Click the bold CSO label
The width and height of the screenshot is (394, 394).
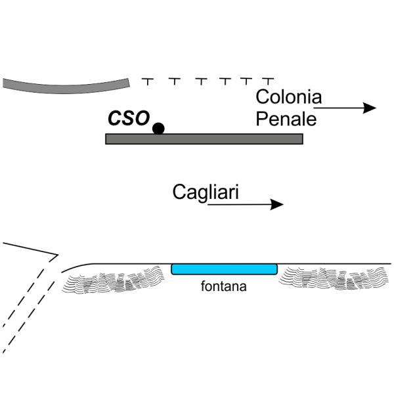pyautogui.click(x=128, y=118)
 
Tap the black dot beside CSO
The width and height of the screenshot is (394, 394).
pyautogui.click(x=158, y=128)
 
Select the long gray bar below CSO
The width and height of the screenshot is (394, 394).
pyautogui.click(x=204, y=139)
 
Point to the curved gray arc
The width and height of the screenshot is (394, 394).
pyautogui.click(x=66, y=85)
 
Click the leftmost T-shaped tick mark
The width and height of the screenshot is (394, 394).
pyautogui.click(x=148, y=81)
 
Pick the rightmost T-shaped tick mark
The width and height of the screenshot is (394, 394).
pyautogui.click(x=268, y=81)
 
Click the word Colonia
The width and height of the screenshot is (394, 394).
pyautogui.click(x=288, y=98)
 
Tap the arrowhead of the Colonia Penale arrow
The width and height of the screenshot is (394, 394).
pyautogui.click(x=370, y=108)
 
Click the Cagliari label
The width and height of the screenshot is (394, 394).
pyautogui.click(x=205, y=192)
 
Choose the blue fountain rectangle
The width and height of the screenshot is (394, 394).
pyautogui.click(x=224, y=269)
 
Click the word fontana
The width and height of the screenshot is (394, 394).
pyautogui.click(x=224, y=286)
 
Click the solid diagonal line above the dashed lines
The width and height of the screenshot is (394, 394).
pyautogui.click(x=30, y=248)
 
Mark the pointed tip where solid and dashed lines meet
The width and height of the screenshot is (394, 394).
pyautogui.click(x=58, y=255)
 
